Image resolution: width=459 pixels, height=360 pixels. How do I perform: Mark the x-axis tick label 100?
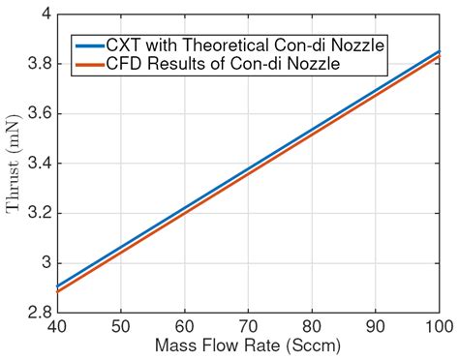coord(438,327)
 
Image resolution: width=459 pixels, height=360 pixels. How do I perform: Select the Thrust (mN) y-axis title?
coord(16,164)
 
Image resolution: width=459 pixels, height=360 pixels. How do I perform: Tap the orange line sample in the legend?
coord(92,64)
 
